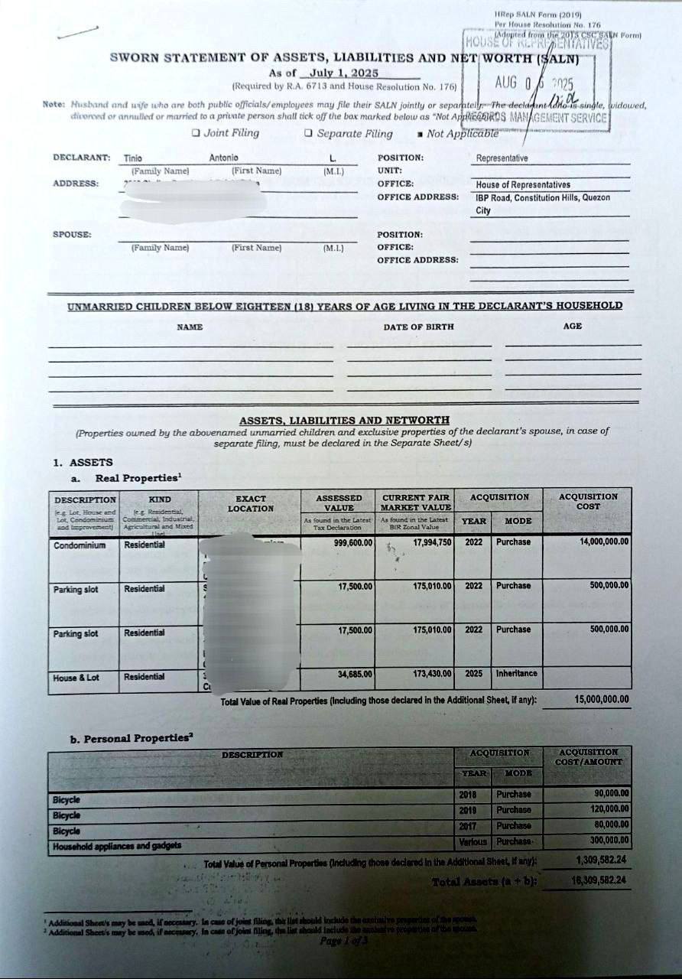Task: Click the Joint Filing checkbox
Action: tap(196, 133)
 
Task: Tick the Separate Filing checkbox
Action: tap(308, 133)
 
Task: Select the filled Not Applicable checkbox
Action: tap(420, 135)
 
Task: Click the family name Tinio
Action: tap(133, 158)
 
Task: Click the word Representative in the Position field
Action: tap(502, 158)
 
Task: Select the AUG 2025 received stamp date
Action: tap(533, 83)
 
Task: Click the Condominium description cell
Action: tap(80, 545)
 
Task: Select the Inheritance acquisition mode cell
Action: tap(516, 674)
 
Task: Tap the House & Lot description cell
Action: tap(76, 678)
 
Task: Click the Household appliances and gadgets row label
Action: tap(117, 846)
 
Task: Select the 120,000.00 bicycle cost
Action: tap(610, 808)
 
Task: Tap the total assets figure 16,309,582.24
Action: tap(601, 881)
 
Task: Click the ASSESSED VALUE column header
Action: tap(339, 502)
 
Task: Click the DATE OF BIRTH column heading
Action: tap(418, 327)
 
